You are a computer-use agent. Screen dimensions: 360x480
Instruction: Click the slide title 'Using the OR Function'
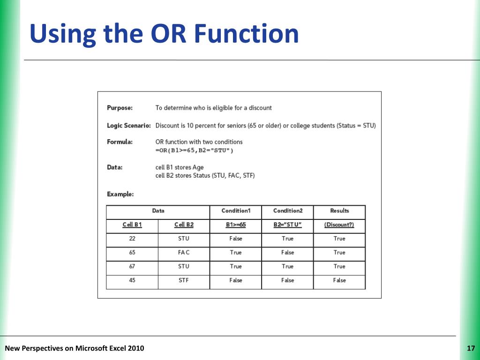[x=164, y=34]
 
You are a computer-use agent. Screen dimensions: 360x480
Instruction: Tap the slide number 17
[x=471, y=348]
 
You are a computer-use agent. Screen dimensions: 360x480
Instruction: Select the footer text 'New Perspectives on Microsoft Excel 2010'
[x=75, y=348]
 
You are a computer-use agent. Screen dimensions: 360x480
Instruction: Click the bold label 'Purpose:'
[x=120, y=108]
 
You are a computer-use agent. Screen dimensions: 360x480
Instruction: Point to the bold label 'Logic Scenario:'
[x=129, y=126]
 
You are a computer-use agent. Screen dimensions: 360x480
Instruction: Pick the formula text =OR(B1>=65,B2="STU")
[x=194, y=150]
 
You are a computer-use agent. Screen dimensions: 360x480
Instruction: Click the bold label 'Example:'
[x=120, y=194]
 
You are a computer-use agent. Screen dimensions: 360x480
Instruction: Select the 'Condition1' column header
[x=236, y=211]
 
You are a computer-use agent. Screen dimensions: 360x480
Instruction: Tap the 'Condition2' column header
[x=288, y=211]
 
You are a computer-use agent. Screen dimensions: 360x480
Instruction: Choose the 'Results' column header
[x=339, y=211]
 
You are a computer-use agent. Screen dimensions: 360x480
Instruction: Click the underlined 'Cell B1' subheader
[x=132, y=225]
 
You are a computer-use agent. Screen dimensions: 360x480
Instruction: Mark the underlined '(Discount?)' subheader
[x=339, y=225]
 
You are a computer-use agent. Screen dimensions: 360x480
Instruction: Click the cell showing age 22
[x=132, y=239]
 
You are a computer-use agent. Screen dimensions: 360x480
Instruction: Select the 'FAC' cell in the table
[x=184, y=253]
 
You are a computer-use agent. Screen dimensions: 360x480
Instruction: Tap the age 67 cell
[x=132, y=266]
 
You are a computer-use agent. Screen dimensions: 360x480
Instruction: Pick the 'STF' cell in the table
[x=184, y=280]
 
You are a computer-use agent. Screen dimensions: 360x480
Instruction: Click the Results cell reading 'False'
[x=339, y=280]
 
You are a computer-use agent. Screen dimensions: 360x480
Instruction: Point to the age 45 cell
[x=132, y=280]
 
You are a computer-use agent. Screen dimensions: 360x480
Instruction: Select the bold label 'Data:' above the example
[x=114, y=167]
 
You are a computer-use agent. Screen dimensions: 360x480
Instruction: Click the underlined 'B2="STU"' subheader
[x=288, y=225]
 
